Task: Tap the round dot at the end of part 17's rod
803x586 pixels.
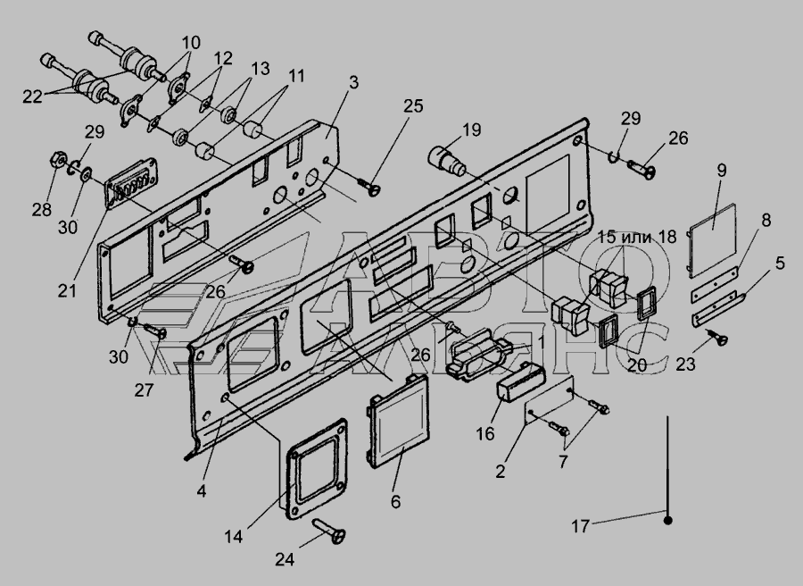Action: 667,519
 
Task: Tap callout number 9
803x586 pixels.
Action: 721,169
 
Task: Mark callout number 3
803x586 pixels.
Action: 353,82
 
